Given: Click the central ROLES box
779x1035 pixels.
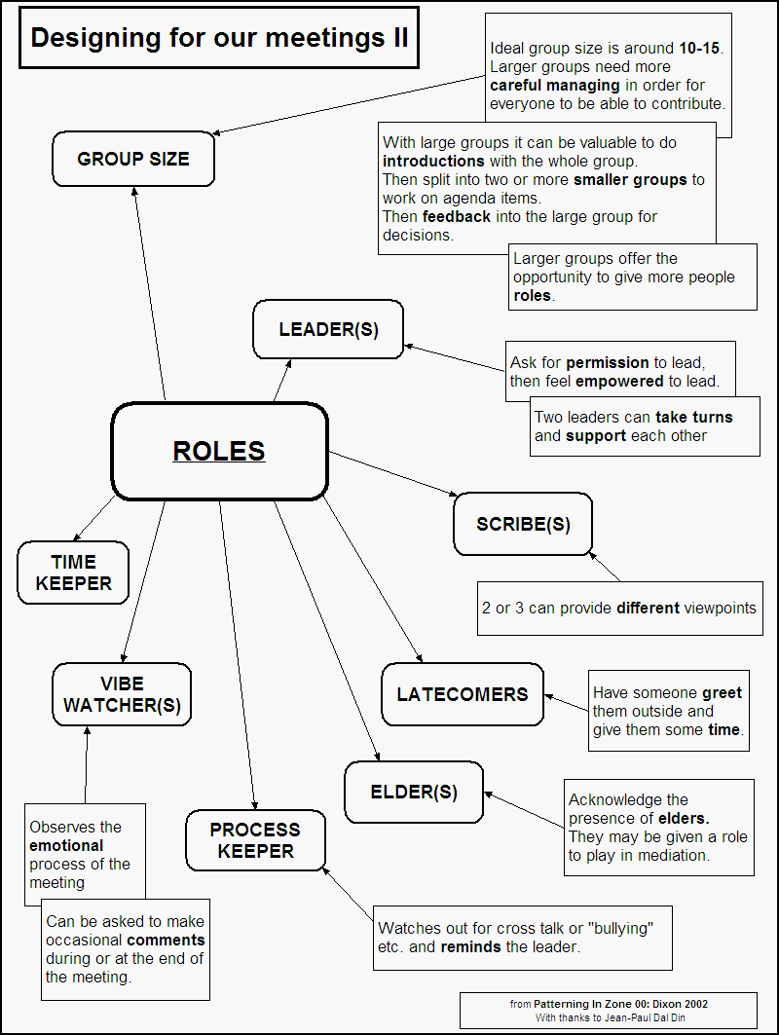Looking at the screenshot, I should tap(219, 451).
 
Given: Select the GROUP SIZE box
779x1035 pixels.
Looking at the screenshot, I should tap(133, 159).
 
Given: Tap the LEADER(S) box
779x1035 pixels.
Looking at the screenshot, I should tap(328, 329).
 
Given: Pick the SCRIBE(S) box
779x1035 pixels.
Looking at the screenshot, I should tap(523, 524).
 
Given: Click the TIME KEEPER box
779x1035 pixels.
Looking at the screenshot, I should tap(73, 573).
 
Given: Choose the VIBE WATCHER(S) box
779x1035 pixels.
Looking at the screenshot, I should tap(122, 694).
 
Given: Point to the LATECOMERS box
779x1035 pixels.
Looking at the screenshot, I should tap(462, 694).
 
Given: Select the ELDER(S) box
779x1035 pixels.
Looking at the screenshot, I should tap(414, 792).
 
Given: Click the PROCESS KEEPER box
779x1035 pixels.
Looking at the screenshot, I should tap(255, 840).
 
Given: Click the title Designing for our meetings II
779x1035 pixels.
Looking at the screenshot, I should tap(219, 38).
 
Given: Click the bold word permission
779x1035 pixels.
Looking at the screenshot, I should tap(609, 363).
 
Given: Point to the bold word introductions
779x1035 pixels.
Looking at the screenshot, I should tap(433, 161).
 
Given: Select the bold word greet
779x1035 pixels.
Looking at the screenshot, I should tap(721, 693).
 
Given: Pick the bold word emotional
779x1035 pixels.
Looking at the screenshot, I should tap(66, 845).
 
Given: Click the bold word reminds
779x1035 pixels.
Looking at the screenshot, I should tap(471, 946).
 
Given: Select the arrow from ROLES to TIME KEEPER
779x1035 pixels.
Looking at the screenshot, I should tap(95, 518).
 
